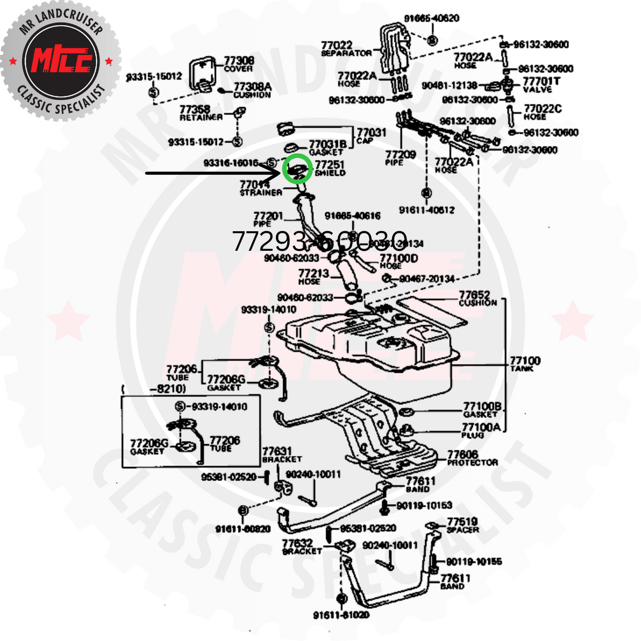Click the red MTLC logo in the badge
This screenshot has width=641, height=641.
pos(61,61)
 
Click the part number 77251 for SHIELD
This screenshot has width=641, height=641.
pos(329,165)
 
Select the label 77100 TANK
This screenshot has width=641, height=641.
pos(525,363)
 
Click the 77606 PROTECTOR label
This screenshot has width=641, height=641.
pos(472,458)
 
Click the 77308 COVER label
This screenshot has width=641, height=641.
pos(239,64)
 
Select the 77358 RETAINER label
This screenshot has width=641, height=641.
pos(201,112)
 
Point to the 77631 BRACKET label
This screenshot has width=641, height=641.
pos(281,455)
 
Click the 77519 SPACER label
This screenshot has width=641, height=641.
pos(463,525)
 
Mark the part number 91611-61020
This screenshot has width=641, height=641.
pos(341,615)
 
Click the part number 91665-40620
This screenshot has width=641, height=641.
pos(431,18)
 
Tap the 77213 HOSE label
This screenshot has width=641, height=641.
pos(313,276)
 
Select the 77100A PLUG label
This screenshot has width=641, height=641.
pos(480,430)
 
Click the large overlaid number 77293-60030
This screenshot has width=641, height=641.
pos(319,241)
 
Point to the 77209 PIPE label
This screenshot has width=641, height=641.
pos(400,157)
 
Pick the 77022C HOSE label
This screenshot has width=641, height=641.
pos(542,112)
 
